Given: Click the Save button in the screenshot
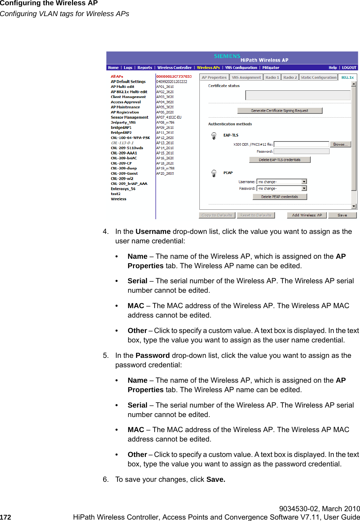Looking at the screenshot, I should click(342, 215).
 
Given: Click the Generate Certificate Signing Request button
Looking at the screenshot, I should click(280, 111).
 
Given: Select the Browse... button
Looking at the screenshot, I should click(340, 144).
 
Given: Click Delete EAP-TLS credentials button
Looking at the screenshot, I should click(280, 160).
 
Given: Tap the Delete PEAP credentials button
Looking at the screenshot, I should click(280, 197).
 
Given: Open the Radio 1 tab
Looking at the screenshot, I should click(272, 77).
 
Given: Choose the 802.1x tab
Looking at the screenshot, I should click(347, 77).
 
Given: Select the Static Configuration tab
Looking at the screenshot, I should click(318, 77).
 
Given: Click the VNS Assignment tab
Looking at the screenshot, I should click(246, 77).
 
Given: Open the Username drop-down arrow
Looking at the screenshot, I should click(304, 182).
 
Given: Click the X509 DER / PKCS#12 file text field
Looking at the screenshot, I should click(301, 144).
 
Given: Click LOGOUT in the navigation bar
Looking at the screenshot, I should click(349, 68).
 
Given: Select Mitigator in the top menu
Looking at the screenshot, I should click(271, 68).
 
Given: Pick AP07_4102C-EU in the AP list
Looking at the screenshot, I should click(169, 117).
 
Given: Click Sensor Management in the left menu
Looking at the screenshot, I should click(129, 117).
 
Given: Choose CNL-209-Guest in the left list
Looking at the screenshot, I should click(124, 173).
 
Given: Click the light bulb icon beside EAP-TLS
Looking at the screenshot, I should click(214, 136).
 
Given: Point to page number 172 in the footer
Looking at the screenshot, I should click(6, 517).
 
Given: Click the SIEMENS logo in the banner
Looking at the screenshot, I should click(227, 56).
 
